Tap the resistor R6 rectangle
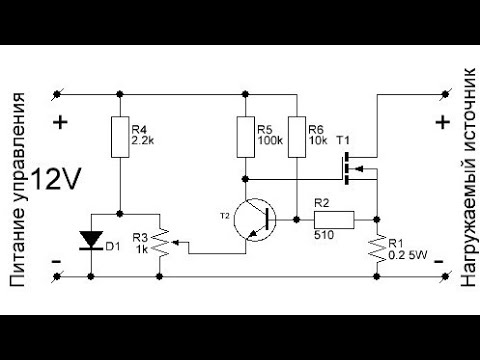(297, 137)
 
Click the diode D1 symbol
(91, 239)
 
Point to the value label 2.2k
(143, 142)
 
